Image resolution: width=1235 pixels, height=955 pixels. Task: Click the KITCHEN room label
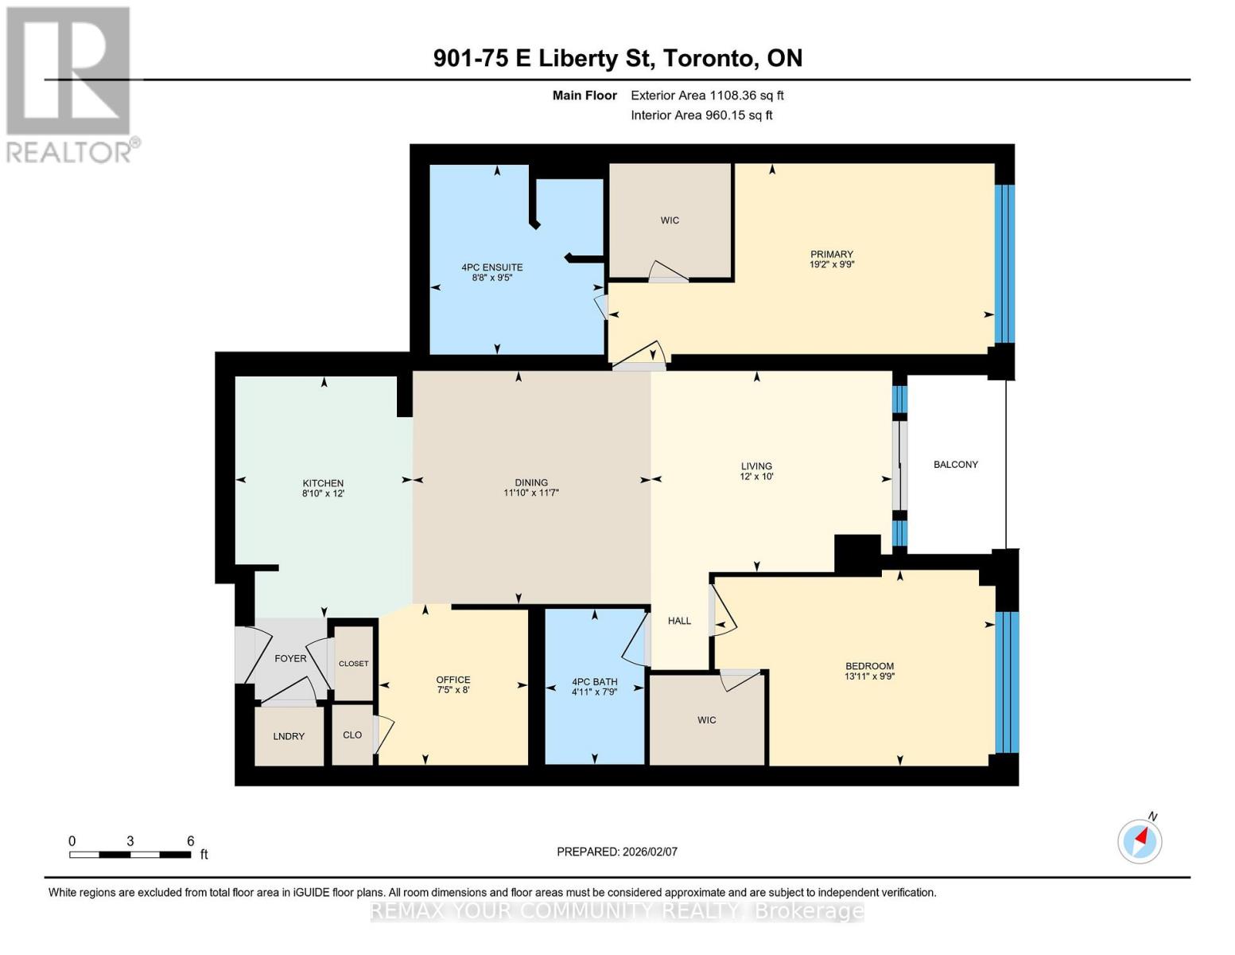tap(323, 483)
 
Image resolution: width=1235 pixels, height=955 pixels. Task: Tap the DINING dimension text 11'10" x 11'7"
tap(531, 493)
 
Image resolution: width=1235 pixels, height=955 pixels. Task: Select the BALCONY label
tap(955, 464)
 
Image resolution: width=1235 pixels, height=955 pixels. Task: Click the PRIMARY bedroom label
tap(831, 254)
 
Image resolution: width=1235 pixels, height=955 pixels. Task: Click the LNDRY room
tap(289, 736)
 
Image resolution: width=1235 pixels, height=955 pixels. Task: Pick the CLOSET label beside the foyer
tap(354, 664)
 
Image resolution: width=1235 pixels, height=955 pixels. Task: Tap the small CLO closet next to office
tap(352, 735)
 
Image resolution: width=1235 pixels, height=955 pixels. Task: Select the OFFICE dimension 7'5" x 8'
tap(453, 690)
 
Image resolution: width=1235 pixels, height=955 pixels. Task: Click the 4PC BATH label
tap(595, 681)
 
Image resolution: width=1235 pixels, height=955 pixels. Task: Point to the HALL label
tap(679, 621)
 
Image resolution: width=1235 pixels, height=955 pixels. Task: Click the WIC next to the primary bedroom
tap(670, 220)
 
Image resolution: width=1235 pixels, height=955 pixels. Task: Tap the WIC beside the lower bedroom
tap(706, 719)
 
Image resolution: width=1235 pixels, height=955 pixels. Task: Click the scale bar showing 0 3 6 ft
tap(130, 855)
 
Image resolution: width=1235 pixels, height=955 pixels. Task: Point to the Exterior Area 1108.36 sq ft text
tap(707, 95)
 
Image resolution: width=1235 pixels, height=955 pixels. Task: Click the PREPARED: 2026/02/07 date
tap(617, 852)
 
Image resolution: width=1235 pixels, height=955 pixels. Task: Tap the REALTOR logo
tap(69, 84)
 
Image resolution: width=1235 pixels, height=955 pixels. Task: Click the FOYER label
tap(290, 658)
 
